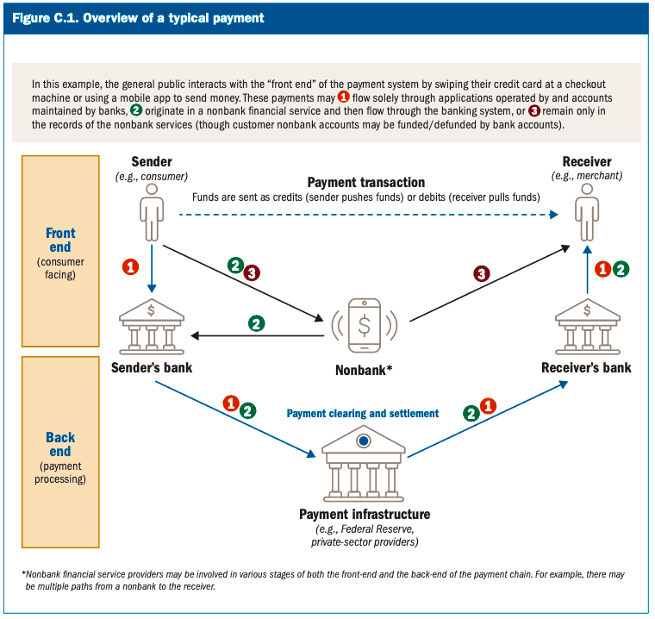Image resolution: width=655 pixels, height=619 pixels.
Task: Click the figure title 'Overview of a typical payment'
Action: (x=173, y=17)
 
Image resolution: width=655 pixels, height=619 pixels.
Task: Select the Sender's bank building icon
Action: (x=151, y=324)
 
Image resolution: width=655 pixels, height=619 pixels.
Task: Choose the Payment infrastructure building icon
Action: (x=363, y=466)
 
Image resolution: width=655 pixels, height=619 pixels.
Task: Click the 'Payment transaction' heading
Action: (x=366, y=183)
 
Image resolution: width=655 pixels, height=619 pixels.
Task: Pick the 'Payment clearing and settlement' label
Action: (x=363, y=414)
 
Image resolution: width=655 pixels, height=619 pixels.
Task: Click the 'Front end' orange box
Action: (x=60, y=250)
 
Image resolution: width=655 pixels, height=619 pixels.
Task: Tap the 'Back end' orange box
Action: (x=60, y=457)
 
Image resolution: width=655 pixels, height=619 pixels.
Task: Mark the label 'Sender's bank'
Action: (x=151, y=368)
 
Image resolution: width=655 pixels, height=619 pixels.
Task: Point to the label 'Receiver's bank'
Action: (x=586, y=368)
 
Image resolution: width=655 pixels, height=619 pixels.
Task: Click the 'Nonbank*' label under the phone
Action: (x=364, y=372)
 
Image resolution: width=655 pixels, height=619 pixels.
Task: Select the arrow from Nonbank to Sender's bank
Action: (x=259, y=335)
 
